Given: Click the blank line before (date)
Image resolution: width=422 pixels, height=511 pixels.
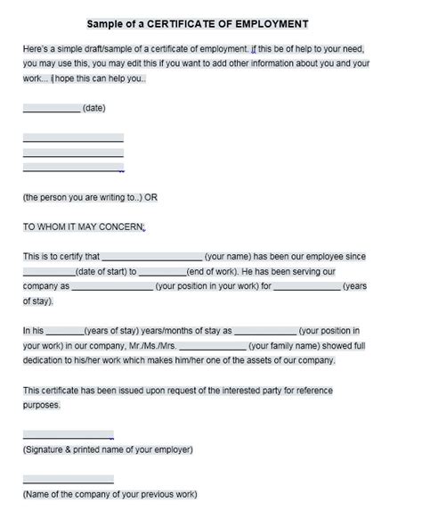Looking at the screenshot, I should click(51, 111).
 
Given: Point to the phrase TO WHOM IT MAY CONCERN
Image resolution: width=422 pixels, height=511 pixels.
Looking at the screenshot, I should click(83, 227).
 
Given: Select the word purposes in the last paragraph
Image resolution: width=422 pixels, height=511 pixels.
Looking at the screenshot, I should click(41, 404).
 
